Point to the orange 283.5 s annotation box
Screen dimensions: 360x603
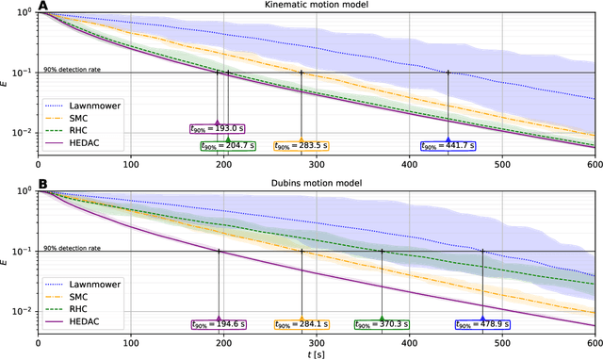301,146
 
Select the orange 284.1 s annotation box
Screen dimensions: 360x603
301,325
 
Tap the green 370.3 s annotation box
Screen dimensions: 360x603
382,325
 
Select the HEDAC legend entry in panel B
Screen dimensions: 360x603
81,322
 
